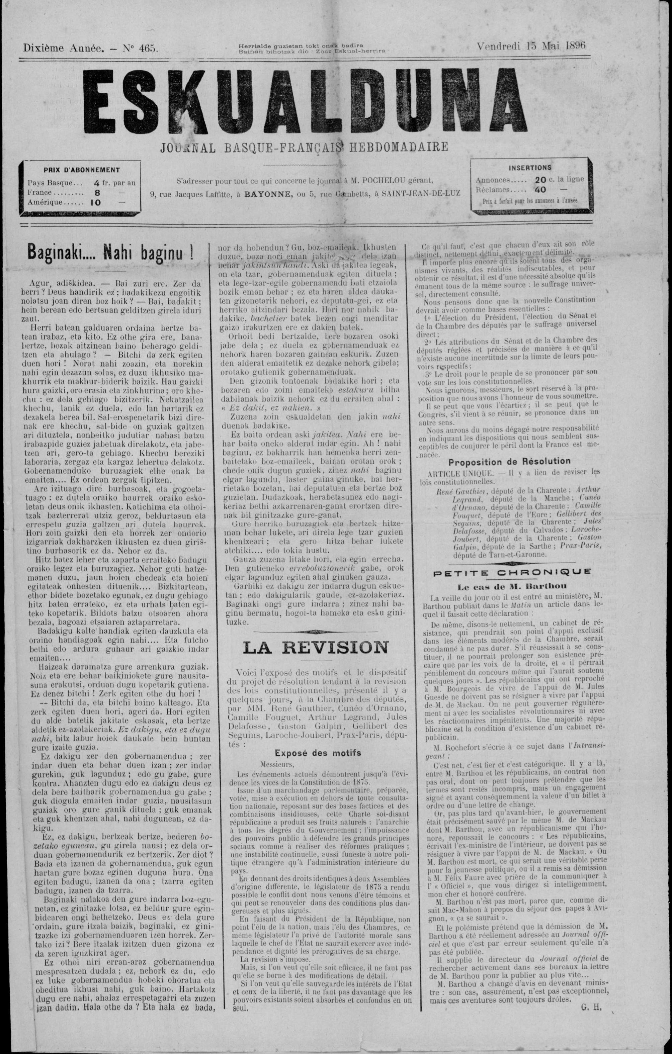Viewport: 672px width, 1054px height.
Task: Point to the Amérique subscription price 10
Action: coord(95,203)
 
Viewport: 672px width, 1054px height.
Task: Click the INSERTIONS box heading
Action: coord(530,168)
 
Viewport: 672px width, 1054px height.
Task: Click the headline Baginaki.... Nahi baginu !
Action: coord(111,253)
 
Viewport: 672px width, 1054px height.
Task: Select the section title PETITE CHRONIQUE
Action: coord(511,572)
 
